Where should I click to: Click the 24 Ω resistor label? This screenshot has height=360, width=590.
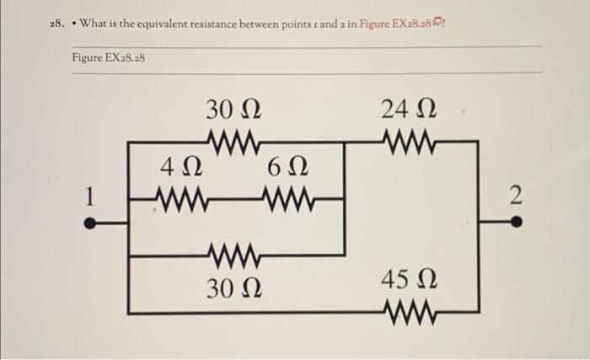pyautogui.click(x=409, y=110)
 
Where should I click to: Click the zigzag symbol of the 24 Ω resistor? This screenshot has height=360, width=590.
pyautogui.click(x=409, y=141)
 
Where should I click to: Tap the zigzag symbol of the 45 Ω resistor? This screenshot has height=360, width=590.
pyautogui.click(x=409, y=313)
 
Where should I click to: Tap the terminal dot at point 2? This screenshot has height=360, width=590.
pyautogui.click(x=516, y=224)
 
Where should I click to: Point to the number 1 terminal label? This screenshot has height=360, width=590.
pyautogui.click(x=88, y=198)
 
